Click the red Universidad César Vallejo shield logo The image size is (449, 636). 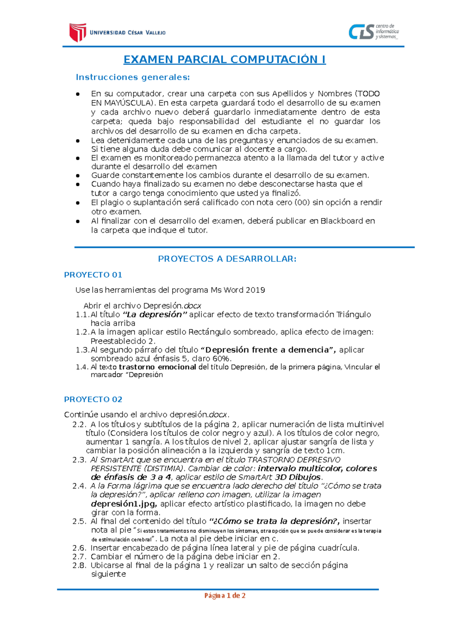coord(78,32)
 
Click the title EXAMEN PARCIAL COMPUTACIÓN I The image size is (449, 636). coord(224,60)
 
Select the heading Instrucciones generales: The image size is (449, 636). coord(133,77)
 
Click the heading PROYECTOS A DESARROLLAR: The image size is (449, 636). coord(227,259)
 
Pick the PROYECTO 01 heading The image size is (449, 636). coord(93,275)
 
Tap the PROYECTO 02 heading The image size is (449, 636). coord(93,399)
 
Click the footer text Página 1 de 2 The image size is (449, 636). coord(224,596)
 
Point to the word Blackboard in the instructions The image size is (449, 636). coord(342,221)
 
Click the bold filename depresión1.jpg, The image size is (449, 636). coord(124,504)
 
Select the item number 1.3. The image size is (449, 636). coord(82,350)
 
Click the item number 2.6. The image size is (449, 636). coord(79,548)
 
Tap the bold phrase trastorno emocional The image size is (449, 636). coord(157,367)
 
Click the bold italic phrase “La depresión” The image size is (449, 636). coord(155,315)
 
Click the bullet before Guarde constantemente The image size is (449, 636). coord(78,175)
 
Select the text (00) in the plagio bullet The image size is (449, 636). coord(302,203)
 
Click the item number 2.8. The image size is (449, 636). coord(79,565)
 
